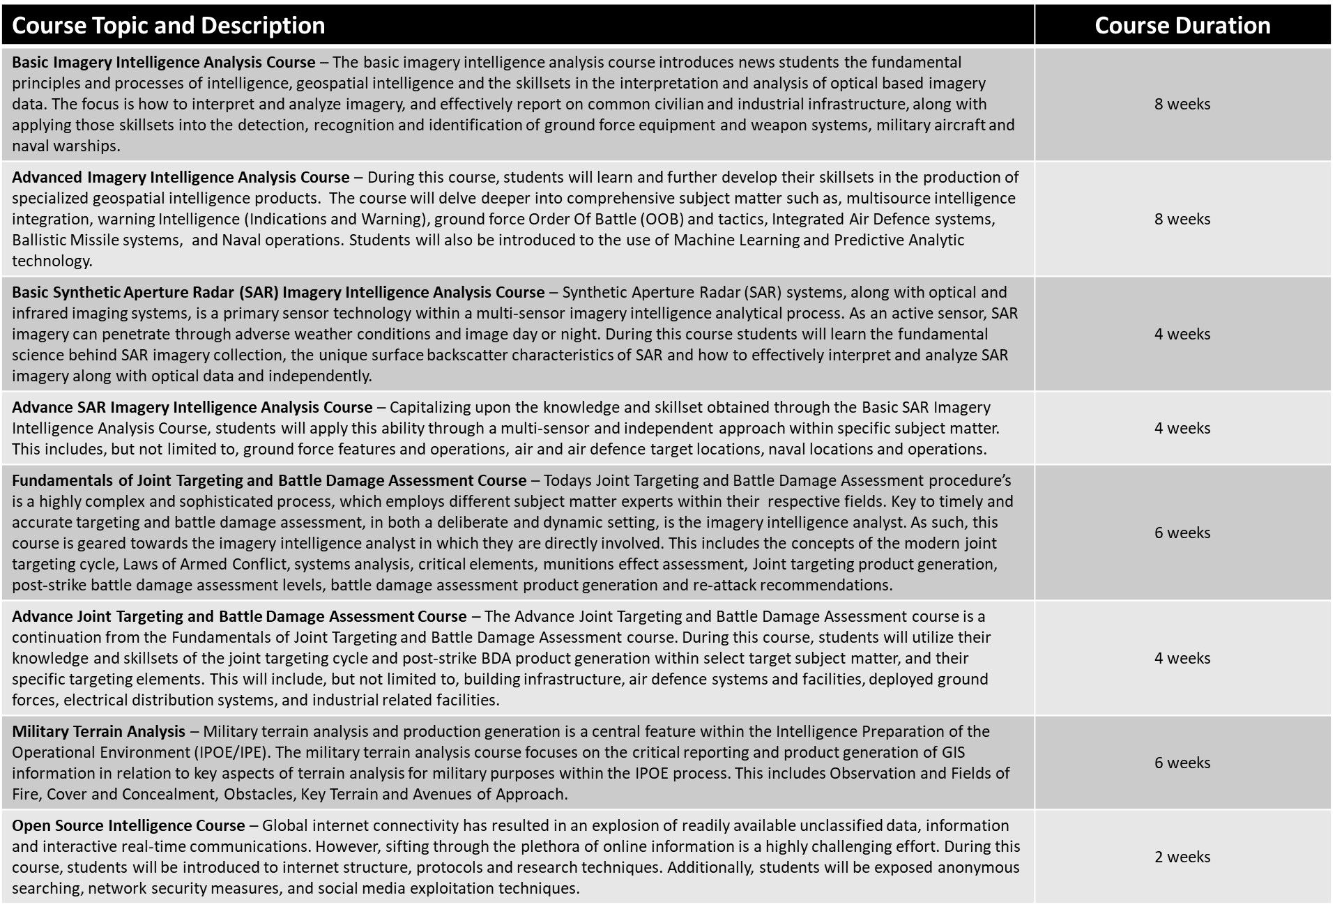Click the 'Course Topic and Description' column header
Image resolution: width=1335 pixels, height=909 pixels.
pos(169,26)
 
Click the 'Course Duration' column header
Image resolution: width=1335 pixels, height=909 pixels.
pos(1182,26)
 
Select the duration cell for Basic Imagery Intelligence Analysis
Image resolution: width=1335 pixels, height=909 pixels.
pos(1182,104)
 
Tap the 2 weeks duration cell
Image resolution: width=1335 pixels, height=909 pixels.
pos(1182,857)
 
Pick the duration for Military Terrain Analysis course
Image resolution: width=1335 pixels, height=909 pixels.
pos(1182,763)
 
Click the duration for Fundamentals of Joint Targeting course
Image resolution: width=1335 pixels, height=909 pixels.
pos(1182,533)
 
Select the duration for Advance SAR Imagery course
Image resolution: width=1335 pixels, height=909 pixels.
pos(1182,428)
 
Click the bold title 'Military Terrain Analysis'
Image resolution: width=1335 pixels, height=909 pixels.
pos(98,731)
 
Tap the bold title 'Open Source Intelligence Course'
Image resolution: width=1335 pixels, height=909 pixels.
pos(128,825)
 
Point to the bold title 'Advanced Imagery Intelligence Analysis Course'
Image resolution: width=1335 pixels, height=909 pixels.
pos(181,177)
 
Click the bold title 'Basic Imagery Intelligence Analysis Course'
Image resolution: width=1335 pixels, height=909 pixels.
pos(163,62)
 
